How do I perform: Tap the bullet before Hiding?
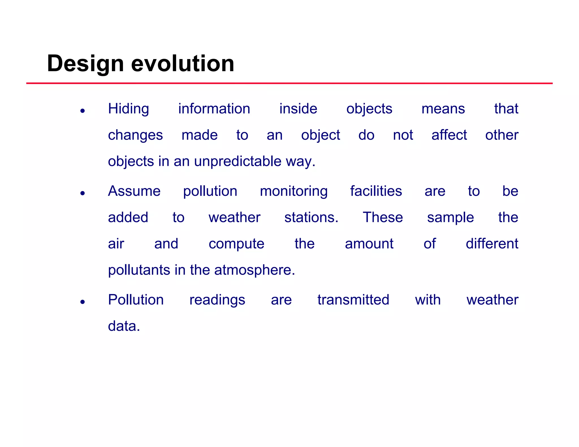(x=83, y=111)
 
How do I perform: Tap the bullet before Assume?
(x=83, y=193)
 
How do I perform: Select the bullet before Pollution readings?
(x=83, y=302)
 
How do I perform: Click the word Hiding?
(x=128, y=109)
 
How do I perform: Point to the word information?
(x=214, y=109)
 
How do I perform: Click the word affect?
(x=449, y=135)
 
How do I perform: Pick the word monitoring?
(x=293, y=192)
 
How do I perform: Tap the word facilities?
(x=376, y=191)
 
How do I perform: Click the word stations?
(x=311, y=218)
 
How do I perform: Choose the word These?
(x=383, y=218)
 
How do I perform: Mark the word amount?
(x=369, y=244)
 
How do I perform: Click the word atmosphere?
(x=254, y=270)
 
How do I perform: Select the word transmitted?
(x=353, y=300)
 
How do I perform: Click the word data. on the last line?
(x=124, y=326)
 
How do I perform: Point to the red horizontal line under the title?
(x=289, y=83)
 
